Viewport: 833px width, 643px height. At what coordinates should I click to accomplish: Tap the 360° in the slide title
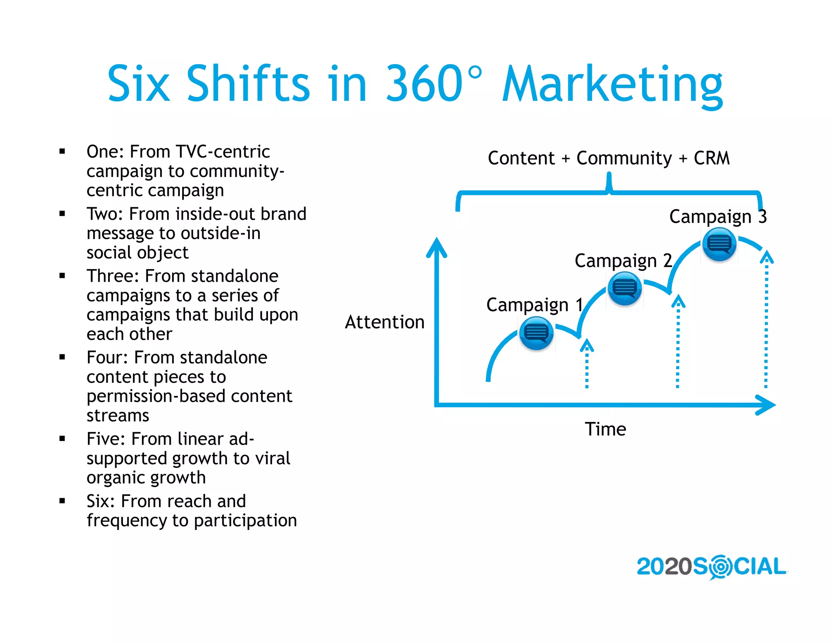[433, 83]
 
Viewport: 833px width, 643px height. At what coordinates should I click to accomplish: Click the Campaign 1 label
[534, 305]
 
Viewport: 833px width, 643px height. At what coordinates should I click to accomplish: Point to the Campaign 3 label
[718, 216]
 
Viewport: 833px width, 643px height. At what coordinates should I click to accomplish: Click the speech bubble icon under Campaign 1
[536, 333]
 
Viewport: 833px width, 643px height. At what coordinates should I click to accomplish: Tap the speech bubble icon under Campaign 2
[624, 289]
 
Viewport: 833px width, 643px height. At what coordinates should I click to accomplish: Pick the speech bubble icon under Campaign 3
[719, 244]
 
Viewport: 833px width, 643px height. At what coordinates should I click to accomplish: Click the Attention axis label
[384, 322]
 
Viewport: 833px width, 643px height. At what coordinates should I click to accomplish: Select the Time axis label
[605, 429]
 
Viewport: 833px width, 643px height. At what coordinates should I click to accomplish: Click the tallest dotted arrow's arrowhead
[767, 257]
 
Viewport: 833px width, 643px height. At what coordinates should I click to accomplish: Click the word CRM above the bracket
[711, 158]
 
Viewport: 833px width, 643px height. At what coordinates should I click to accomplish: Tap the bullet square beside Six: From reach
[62, 501]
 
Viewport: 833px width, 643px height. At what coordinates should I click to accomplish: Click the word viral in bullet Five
[272, 458]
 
